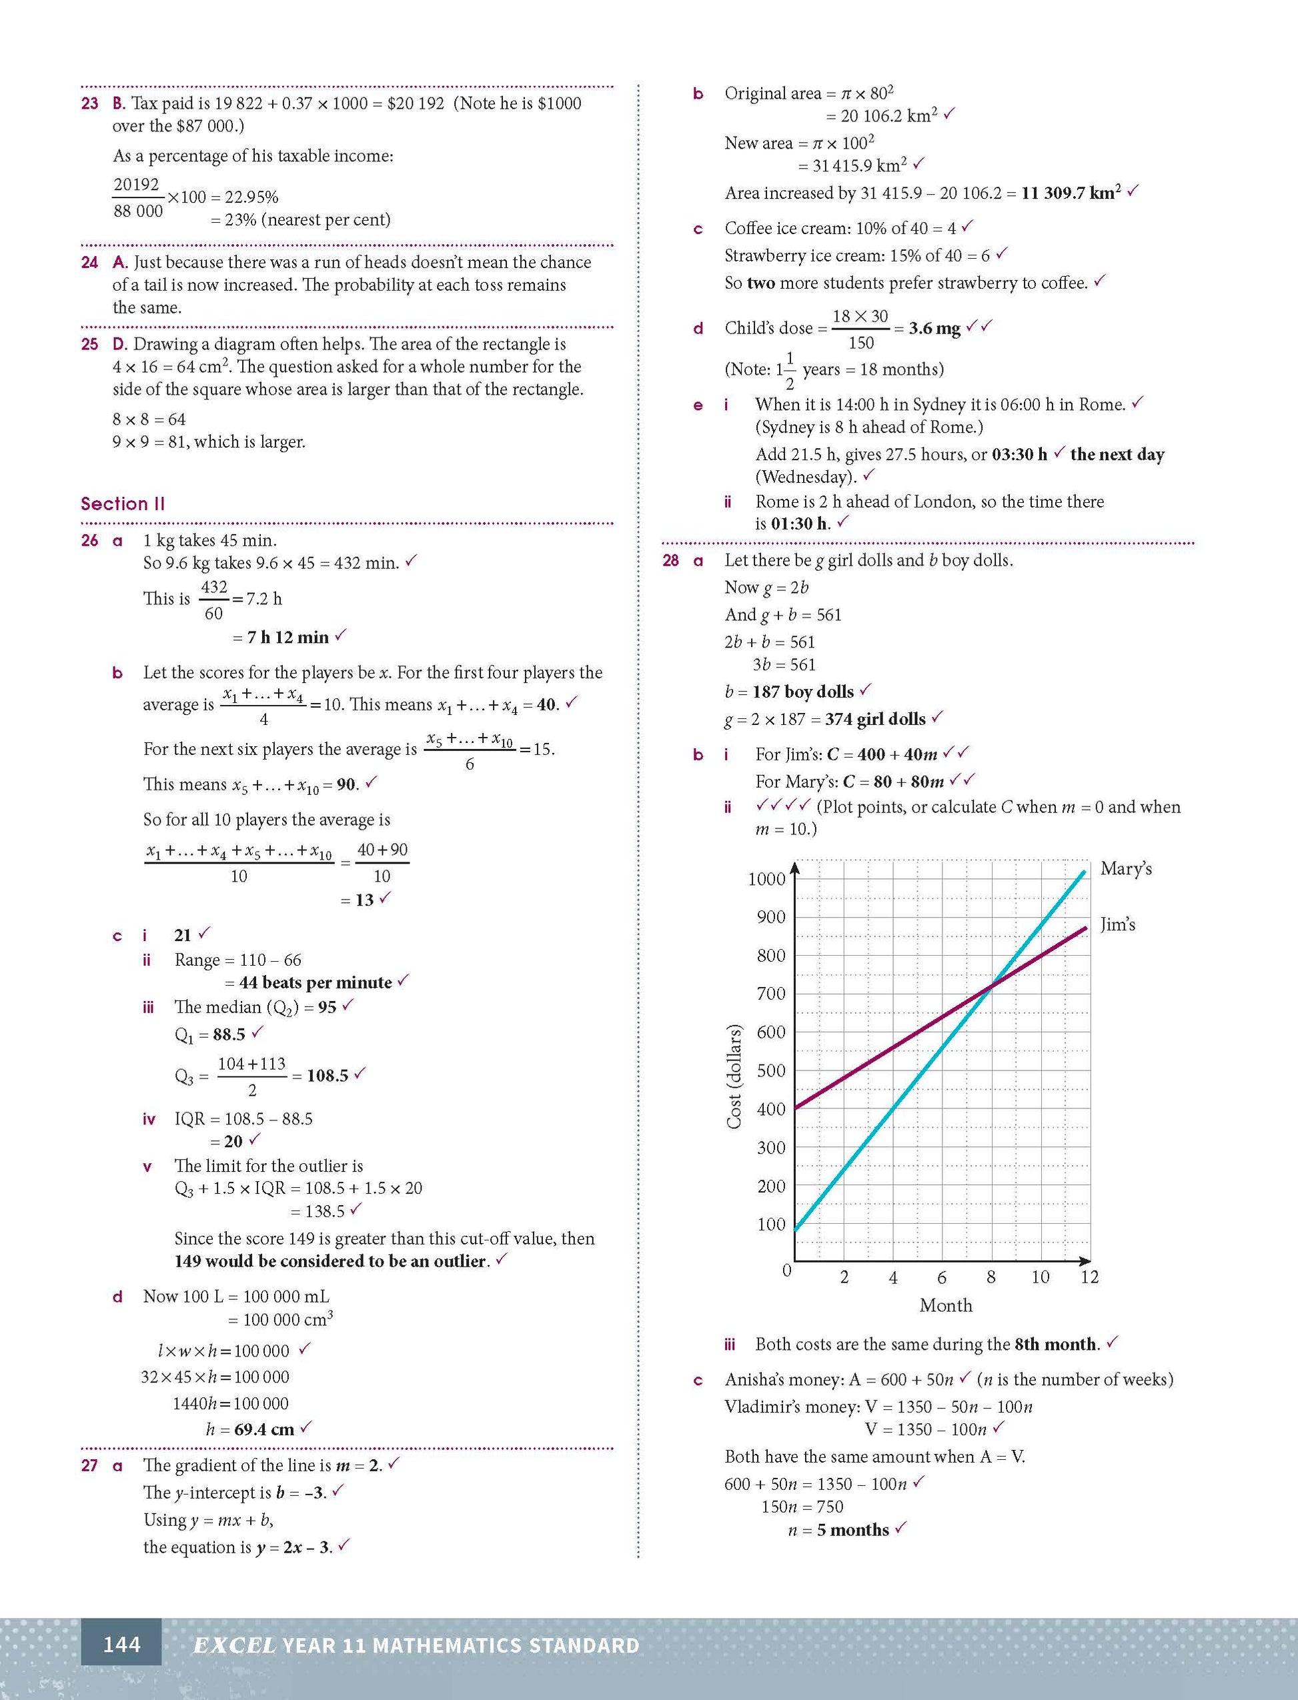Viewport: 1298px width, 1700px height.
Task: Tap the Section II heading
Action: (x=123, y=504)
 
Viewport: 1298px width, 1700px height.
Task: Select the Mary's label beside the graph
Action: (x=1126, y=869)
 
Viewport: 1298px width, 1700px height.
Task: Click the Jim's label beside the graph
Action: (x=1118, y=924)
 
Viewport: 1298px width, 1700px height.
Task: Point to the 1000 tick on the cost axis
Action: (x=766, y=879)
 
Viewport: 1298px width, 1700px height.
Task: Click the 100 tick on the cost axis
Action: (x=771, y=1224)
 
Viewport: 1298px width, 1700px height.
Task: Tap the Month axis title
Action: (x=946, y=1306)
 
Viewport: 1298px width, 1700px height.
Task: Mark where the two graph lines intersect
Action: (x=991, y=984)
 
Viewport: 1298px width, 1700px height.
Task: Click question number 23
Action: (x=89, y=103)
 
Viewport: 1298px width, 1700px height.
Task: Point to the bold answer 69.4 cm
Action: (x=264, y=1430)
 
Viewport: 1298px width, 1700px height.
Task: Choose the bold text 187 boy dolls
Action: (x=803, y=692)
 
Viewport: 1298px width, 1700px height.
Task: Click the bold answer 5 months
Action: (x=853, y=1530)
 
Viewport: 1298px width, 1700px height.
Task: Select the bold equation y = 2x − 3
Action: (x=294, y=1547)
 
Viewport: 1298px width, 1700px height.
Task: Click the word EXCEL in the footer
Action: (x=234, y=1645)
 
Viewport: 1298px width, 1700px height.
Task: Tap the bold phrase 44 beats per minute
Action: (x=315, y=982)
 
